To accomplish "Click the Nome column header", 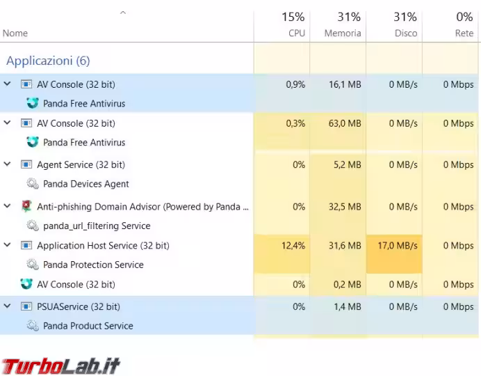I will [15, 33].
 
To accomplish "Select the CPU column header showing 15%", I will [293, 24].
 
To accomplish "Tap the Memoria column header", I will [343, 24].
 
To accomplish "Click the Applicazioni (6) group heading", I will [48, 61].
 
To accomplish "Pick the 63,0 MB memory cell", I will [345, 123].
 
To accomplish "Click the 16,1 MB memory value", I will [345, 84].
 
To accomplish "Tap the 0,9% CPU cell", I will [295, 84].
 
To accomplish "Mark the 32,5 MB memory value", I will [345, 207].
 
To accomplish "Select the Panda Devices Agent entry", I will [85, 184].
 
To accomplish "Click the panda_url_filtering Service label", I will [97, 226].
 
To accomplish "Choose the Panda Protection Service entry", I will [93, 265].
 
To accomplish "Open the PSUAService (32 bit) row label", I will [78, 306].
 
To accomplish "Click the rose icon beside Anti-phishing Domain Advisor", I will [26, 206].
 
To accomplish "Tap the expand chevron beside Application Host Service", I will [8, 245].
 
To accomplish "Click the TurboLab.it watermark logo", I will [61, 365].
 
